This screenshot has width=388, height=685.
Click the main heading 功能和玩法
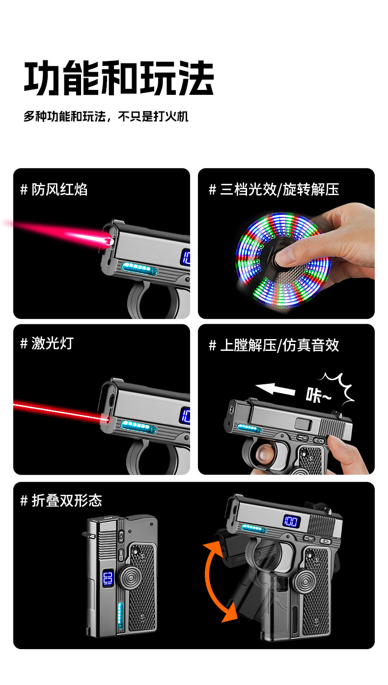point(119,78)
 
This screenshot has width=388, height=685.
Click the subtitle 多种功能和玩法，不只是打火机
point(106,116)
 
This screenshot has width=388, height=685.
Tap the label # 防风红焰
point(54,190)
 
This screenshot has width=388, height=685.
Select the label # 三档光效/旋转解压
point(274,190)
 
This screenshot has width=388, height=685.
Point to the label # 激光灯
point(47,343)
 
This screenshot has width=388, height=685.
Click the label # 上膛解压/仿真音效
point(274,345)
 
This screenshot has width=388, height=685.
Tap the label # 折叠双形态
point(61,501)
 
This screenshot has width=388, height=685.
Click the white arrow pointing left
point(275,390)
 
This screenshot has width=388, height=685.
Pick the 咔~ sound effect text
point(318,396)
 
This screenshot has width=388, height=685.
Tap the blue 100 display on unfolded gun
point(291,521)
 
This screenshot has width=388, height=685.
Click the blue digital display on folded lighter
point(108,578)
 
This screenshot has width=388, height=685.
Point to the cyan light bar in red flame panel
point(139,268)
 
